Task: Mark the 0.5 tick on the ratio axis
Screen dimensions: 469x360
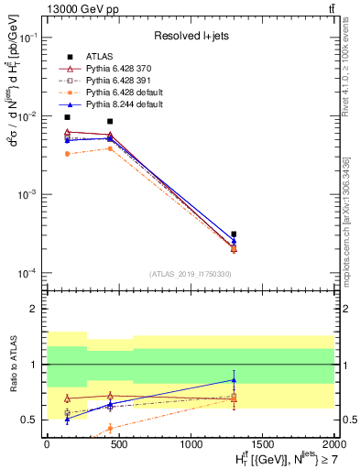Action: (x=30, y=420)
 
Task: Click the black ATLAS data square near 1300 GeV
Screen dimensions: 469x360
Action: (x=234, y=234)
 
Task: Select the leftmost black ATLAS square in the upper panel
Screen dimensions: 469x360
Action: (x=67, y=117)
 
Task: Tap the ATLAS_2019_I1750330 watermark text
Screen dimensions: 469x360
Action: (x=190, y=274)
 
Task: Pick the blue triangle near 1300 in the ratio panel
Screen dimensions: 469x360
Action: (x=234, y=379)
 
